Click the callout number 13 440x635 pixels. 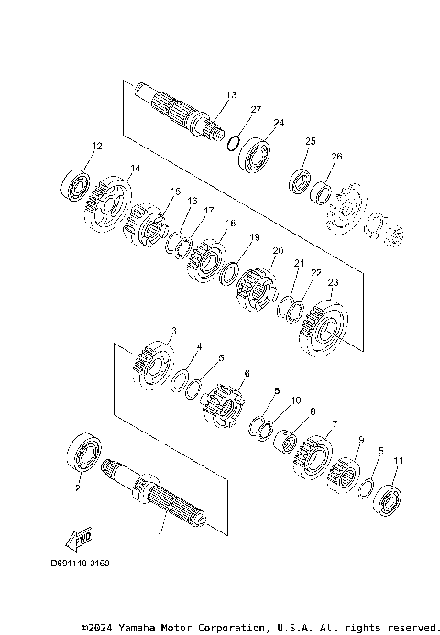pos(230,95)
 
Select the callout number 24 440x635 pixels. pos(279,123)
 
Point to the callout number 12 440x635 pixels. pos(97,147)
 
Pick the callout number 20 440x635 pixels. pos(278,251)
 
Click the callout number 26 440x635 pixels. pos(336,157)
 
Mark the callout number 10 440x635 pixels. pos(295,400)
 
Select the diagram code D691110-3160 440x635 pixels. pos(80,563)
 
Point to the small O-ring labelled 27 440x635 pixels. pos(234,141)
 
